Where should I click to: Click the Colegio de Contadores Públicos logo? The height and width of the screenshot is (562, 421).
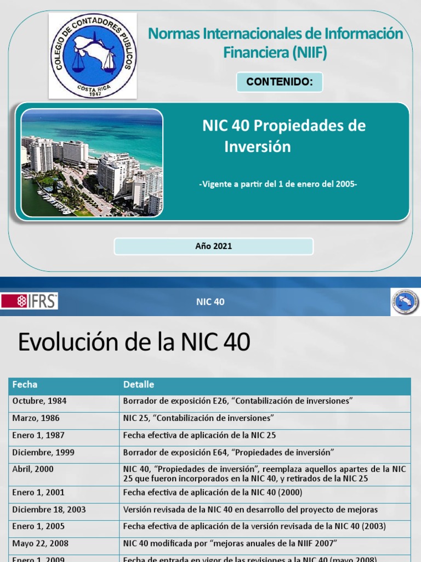click(93, 55)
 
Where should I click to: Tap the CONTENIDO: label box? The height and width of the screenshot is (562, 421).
click(279, 82)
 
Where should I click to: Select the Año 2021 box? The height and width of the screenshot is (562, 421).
click(213, 246)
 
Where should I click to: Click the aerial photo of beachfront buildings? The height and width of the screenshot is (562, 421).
click(92, 162)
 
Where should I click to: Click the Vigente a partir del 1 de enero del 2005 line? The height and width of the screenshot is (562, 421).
click(277, 184)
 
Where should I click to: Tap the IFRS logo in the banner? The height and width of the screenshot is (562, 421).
click(30, 301)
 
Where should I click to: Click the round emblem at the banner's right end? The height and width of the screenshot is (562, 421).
click(405, 302)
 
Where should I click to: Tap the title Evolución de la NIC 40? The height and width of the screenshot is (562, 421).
click(134, 342)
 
